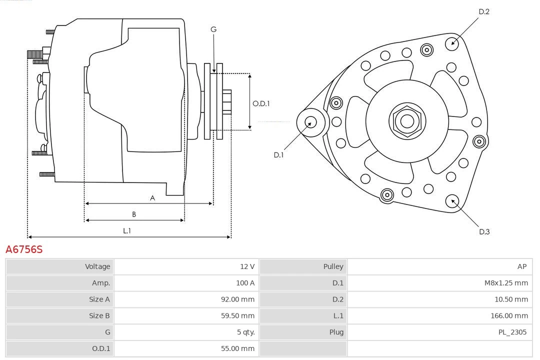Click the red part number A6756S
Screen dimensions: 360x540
click(x=24, y=249)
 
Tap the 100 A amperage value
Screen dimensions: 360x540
click(x=245, y=283)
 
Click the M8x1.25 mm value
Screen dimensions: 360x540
click(x=505, y=283)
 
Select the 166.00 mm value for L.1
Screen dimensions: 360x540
click(x=509, y=315)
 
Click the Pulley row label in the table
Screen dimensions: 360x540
click(x=333, y=266)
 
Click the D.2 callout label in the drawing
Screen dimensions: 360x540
click(x=484, y=11)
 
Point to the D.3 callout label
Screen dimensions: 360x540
click(x=484, y=231)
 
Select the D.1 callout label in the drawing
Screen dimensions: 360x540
click(x=278, y=155)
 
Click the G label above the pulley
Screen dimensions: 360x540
click(x=213, y=29)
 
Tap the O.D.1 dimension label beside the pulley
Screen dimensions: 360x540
click(x=261, y=104)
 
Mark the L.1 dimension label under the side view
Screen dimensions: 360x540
click(x=127, y=230)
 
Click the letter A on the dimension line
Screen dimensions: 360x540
click(x=152, y=198)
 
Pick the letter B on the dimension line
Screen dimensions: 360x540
click(x=134, y=214)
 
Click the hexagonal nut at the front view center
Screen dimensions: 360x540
click(x=407, y=121)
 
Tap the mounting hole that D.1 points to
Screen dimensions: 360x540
click(x=310, y=122)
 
